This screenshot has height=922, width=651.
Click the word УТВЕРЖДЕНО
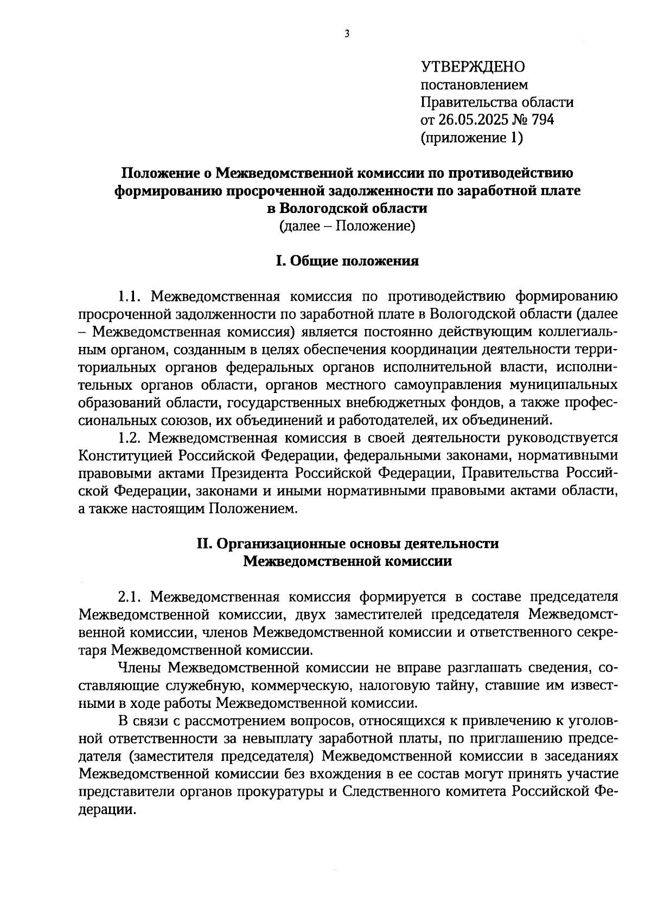[473, 67]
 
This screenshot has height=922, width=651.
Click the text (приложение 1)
[472, 138]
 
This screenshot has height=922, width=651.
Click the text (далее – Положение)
[347, 225]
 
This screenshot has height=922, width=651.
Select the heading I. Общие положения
[347, 261]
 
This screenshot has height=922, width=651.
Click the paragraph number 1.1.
[130, 296]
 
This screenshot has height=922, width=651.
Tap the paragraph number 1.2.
[130, 437]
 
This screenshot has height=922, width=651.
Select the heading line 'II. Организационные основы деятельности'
[347, 544]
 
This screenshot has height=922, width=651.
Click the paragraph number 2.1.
[130, 597]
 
